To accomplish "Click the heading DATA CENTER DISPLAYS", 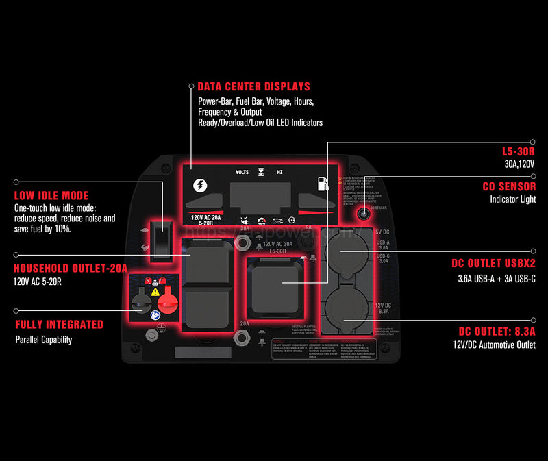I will pos(253,87).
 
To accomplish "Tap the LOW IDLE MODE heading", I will pos(51,196).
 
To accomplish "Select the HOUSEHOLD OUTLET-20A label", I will pos(71,269).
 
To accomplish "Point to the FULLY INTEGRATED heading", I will pos(59,325).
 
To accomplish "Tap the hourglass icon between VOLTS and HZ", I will pos(260,173).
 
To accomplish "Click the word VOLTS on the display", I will pos(242,173).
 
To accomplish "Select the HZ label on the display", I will pos(279,173).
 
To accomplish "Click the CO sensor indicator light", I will pos(363,214).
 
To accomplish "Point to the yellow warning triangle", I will pos(156,290).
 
